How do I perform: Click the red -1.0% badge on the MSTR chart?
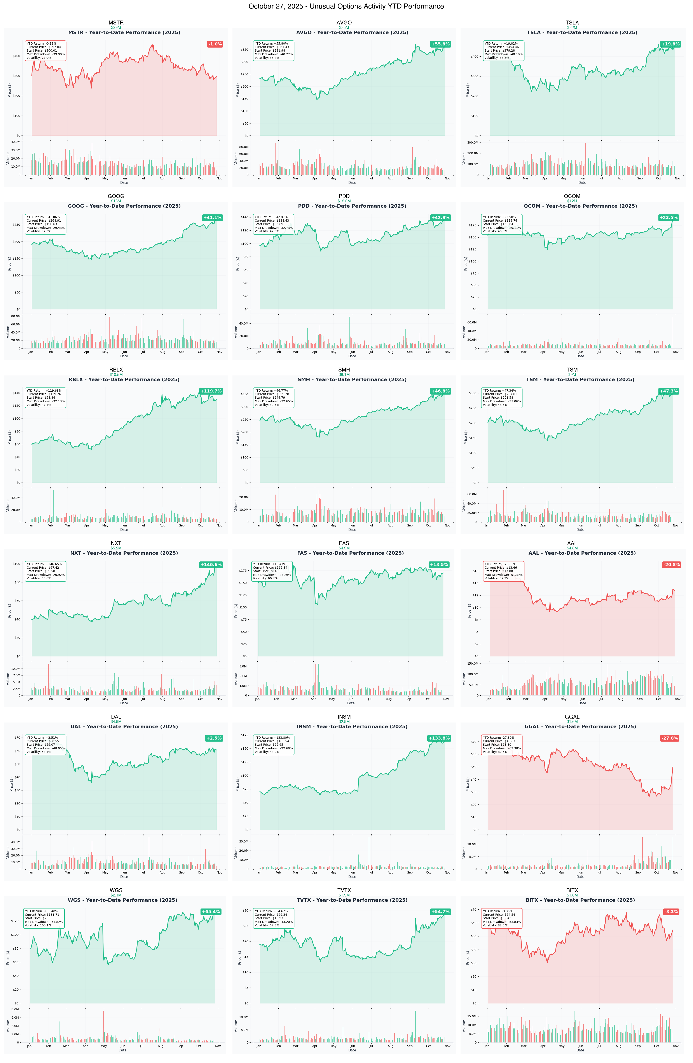(x=215, y=44)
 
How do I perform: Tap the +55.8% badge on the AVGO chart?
(x=440, y=44)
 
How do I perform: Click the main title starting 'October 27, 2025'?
(x=346, y=6)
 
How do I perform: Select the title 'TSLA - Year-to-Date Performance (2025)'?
(x=582, y=33)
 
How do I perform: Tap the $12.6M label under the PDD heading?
(x=344, y=201)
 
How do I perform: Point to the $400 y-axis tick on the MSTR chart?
(x=17, y=56)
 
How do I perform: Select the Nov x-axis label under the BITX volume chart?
(x=676, y=1046)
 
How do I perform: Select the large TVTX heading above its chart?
(x=344, y=890)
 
